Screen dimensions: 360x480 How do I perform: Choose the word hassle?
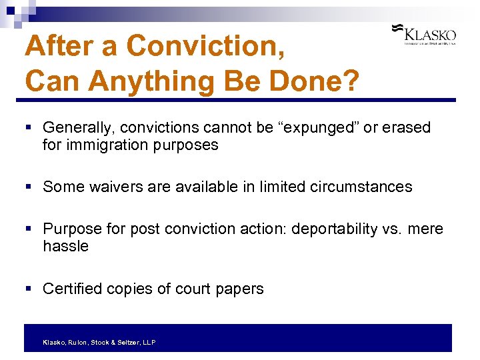[65, 246]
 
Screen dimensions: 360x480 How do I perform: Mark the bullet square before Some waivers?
[29, 187]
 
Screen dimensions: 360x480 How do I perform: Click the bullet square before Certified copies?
[29, 289]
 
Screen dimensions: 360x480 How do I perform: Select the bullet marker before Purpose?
[29, 229]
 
